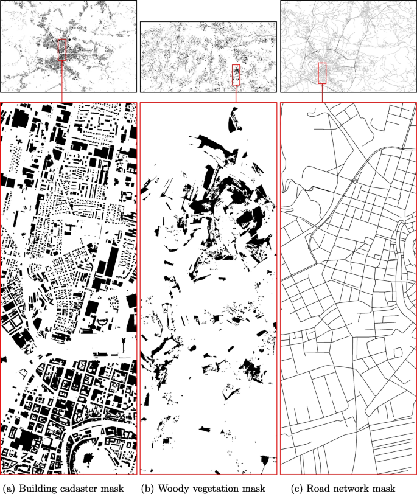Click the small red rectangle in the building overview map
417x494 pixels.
pos(61,49)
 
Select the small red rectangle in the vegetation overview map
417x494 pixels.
pos(236,75)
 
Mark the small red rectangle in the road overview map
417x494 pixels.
pos(322,73)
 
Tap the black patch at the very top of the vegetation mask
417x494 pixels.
pos(232,122)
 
